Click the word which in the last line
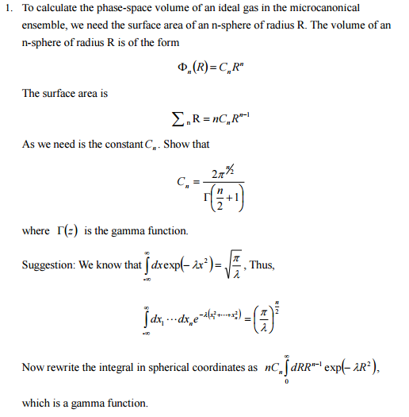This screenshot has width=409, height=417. click(36, 403)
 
